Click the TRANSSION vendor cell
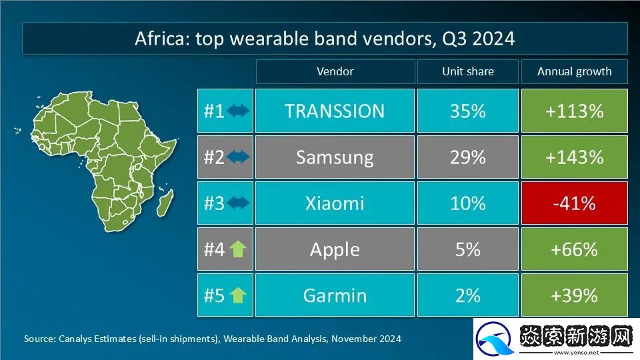[335, 111]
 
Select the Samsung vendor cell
[335, 157]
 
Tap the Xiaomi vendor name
[335, 203]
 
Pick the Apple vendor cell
[335, 249]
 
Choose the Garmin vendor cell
[335, 295]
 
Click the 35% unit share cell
[468, 111]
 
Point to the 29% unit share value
[468, 157]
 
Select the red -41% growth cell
[574, 203]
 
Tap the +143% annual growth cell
[574, 157]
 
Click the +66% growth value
[574, 249]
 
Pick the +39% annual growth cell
[574, 295]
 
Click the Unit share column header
[468, 71]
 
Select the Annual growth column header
[574, 71]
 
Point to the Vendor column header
[335, 71]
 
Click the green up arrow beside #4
[237, 249]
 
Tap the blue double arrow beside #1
[238, 111]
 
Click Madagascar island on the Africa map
[165, 203]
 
